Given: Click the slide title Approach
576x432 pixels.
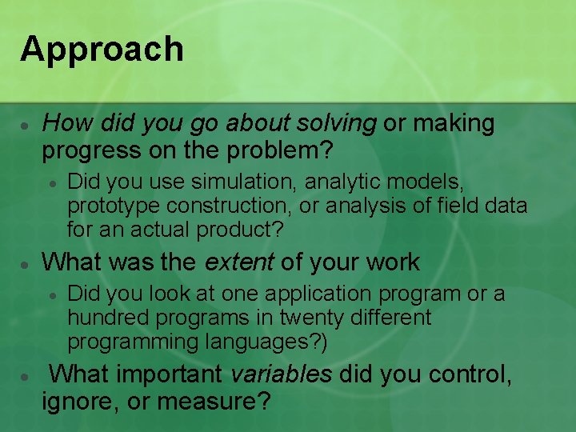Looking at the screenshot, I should coord(102,50).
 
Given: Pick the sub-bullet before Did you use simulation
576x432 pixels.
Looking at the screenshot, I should coord(52,183).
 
